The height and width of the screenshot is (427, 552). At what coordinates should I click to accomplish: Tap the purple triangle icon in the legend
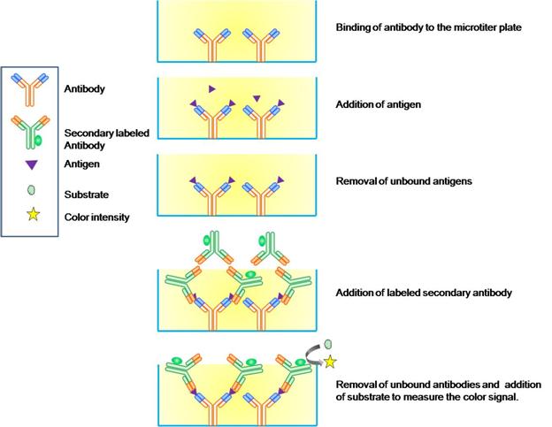33,164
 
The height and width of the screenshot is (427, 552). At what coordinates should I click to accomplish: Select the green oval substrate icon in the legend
34,191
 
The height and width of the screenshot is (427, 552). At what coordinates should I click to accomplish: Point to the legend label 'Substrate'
87,192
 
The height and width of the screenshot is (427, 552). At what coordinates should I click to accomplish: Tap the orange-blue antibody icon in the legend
34,89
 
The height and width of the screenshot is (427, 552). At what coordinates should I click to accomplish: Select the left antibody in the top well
211,43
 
